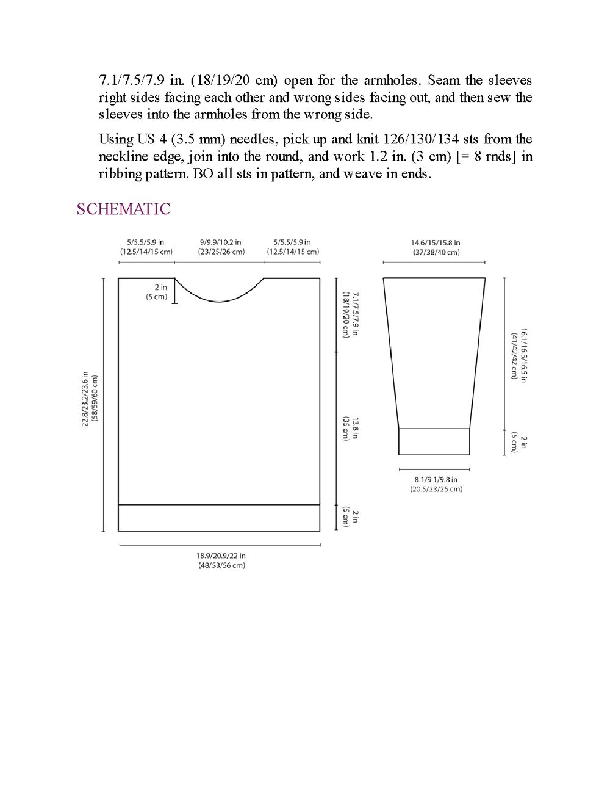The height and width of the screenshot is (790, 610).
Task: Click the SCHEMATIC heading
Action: point(123,209)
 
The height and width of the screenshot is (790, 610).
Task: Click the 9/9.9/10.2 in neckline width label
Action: point(220,247)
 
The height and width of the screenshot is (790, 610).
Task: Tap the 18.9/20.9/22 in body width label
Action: point(221,560)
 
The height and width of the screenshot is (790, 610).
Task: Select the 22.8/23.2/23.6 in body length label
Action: point(90,399)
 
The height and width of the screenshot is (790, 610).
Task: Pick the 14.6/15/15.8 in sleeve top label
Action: point(435,247)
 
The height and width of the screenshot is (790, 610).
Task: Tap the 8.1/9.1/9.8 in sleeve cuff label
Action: point(436,484)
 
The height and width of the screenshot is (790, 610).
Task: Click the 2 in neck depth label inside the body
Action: point(157,292)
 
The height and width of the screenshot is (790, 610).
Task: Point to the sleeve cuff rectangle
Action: point(434,441)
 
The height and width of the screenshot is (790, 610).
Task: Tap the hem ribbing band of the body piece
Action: point(218,518)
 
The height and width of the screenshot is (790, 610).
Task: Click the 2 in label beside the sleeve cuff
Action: point(519,442)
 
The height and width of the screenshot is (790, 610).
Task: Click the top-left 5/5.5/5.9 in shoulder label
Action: point(146,247)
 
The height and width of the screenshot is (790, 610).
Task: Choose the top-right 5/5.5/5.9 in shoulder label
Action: point(293,247)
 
